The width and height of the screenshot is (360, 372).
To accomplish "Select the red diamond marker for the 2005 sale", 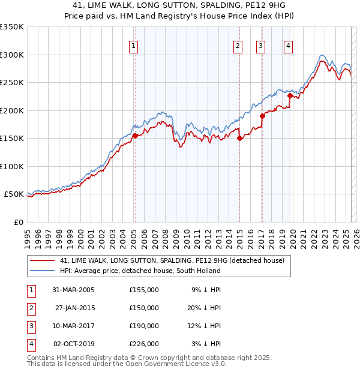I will pos(135,136).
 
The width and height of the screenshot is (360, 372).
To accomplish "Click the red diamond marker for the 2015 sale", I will pos(239,138).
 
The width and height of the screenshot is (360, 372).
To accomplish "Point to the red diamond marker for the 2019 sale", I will pos(290,95).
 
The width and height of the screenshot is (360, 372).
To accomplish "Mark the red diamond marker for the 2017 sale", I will pos(262,116).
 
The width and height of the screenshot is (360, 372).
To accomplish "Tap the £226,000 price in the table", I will pos(144,344).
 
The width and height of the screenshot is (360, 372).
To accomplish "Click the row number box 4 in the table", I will pos(29,344).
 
